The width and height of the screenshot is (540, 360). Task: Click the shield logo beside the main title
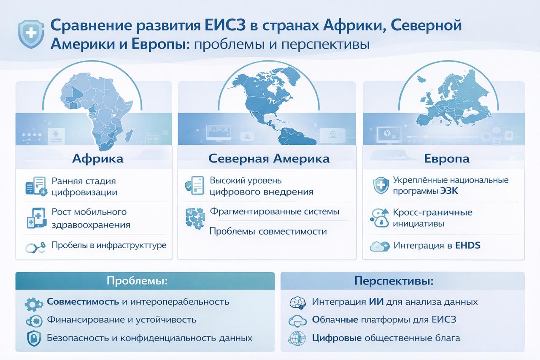coord(31,34)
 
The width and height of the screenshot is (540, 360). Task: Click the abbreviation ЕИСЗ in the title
coord(225,25)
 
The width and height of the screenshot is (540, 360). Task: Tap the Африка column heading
coord(98,159)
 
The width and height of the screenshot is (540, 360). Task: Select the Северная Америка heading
coord(269,159)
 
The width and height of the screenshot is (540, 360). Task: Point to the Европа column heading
coord(447,159)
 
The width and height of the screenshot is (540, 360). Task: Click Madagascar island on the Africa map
coord(129,135)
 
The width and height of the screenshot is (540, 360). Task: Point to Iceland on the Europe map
coord(422,78)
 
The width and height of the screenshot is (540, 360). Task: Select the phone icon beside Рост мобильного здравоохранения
coord(37,218)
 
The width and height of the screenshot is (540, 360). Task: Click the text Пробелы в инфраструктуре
coord(109,245)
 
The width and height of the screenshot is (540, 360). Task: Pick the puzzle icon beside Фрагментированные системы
coord(195,218)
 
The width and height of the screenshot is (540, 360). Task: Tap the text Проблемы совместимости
coord(268,231)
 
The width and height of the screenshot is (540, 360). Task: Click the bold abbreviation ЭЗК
coord(449,191)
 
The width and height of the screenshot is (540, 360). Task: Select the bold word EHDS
coord(468,246)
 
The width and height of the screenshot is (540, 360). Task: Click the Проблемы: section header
coord(137,281)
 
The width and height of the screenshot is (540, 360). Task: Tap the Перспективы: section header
coord(394,281)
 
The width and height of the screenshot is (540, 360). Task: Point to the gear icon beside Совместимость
coord(34,304)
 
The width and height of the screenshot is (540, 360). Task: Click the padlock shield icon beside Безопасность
coord(34,338)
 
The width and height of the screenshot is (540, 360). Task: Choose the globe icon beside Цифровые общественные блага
coord(297,338)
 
